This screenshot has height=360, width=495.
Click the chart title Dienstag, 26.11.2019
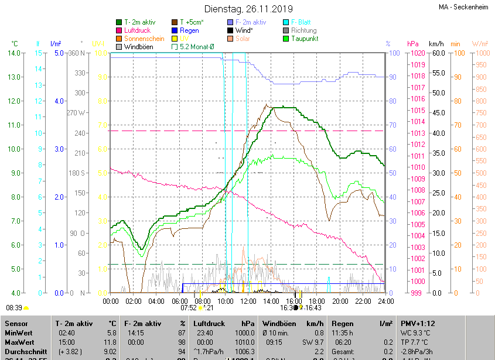coord(248,9)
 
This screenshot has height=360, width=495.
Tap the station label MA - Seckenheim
coord(463,8)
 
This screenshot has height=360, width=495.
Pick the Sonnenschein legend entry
coord(144,39)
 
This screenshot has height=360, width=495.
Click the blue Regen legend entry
coord(189,30)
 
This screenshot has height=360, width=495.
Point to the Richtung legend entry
coord(303,30)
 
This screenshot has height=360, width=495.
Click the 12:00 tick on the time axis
coord(248,301)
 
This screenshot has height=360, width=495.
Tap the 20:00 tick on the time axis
coord(340,301)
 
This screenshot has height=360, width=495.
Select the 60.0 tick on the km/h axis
coord(436,53)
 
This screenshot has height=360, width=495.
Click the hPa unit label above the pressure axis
coord(412,44)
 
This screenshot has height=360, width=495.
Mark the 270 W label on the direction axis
coord(76,113)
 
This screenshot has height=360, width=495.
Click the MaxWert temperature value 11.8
coord(111,342)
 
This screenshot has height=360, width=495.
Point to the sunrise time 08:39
coord(14,307)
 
